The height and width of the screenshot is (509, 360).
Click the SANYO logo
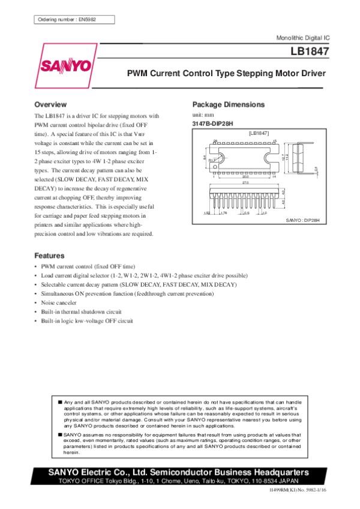pyautogui.click(x=66, y=65)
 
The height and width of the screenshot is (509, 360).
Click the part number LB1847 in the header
pyautogui.click(x=311, y=52)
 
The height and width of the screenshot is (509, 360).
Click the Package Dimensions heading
pyautogui.click(x=228, y=104)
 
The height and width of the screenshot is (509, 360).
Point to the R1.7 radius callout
pyautogui.click(x=212, y=160)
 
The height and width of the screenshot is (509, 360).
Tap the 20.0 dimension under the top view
pyautogui.click(x=245, y=176)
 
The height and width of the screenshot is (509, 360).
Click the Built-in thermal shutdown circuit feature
pyautogui.click(x=81, y=312)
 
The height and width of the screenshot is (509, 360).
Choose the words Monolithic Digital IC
pyautogui.click(x=302, y=38)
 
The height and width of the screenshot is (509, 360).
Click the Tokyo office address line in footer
pyautogui.click(x=180, y=481)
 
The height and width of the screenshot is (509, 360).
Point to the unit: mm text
pyautogui.click(x=203, y=114)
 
